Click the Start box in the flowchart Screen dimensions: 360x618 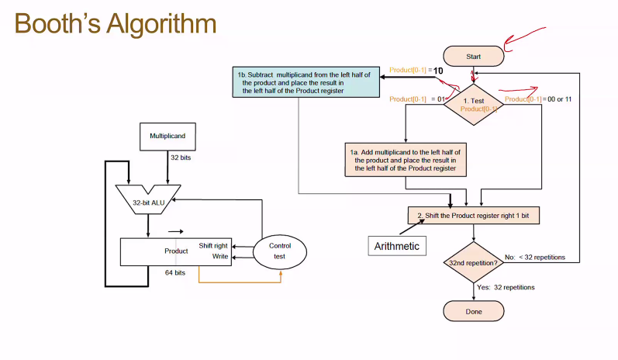click(473, 57)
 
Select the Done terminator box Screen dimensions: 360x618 click(473, 311)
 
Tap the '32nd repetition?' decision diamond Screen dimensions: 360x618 click(473, 263)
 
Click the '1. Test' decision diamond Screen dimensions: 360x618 click(473, 105)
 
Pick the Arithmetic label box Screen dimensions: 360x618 click(396, 246)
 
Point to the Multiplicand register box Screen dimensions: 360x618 click(167, 136)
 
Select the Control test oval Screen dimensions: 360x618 click(280, 251)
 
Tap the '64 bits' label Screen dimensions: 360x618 click(174, 273)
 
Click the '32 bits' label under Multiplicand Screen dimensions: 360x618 click(181, 157)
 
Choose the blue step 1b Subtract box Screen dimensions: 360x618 click(299, 81)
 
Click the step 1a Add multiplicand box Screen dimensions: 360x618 click(406, 157)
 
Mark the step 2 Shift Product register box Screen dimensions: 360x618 click(473, 215)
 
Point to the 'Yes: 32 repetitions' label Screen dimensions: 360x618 click(506, 287)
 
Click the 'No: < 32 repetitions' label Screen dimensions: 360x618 click(535, 257)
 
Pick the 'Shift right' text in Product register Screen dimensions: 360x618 click(213, 245)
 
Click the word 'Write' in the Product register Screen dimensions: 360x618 click(220, 256)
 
